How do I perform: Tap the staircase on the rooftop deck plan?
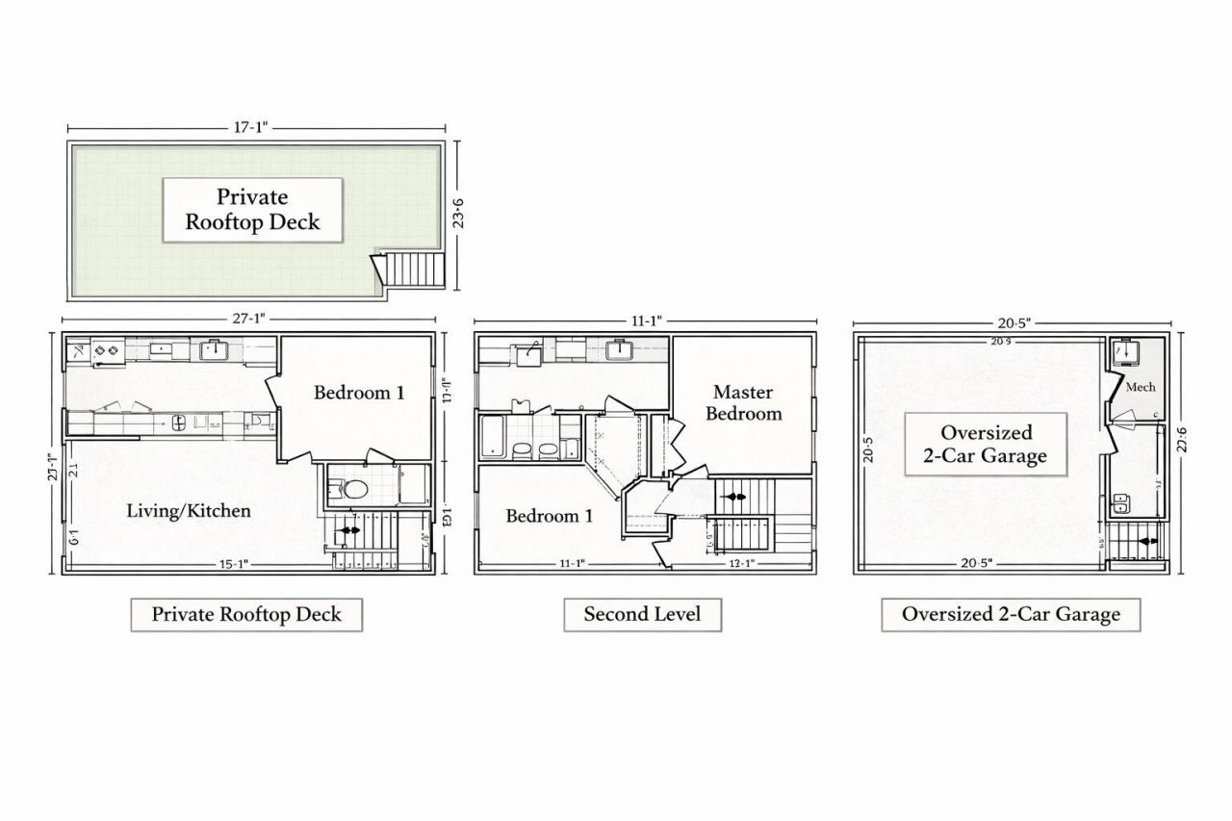(416, 268)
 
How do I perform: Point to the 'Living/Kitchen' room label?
(189, 510)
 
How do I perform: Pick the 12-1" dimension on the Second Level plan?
(741, 564)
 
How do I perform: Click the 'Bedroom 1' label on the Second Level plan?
(550, 516)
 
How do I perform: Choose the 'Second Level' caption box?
(642, 614)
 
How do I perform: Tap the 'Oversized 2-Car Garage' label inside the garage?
(987, 444)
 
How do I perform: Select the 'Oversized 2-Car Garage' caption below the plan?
(1011, 614)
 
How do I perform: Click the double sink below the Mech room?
(1121, 502)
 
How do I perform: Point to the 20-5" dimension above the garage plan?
(1011, 323)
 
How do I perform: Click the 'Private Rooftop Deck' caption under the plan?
(246, 614)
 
